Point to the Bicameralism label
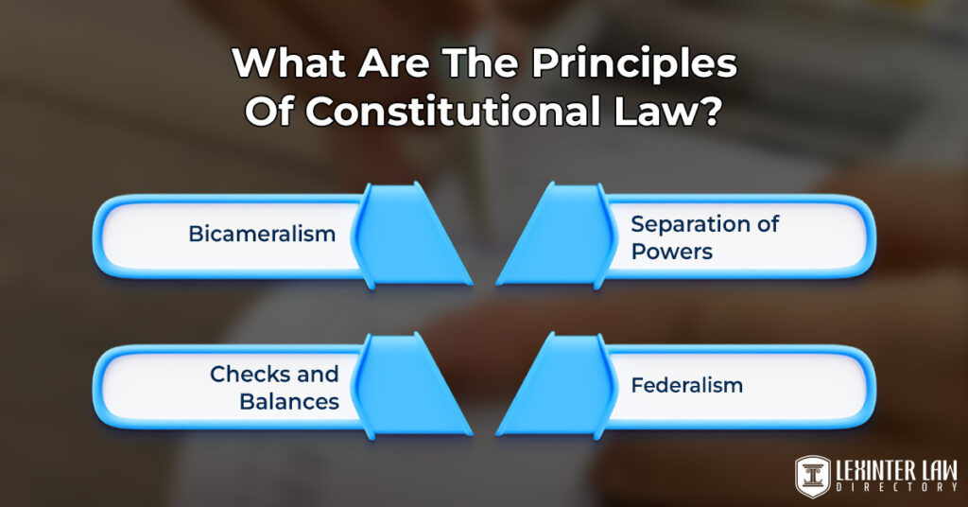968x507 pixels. pos(262,233)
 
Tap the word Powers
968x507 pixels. pos(671,252)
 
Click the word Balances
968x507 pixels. pos(288,401)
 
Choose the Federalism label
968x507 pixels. pos(686,386)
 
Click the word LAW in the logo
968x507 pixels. pos(937,467)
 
